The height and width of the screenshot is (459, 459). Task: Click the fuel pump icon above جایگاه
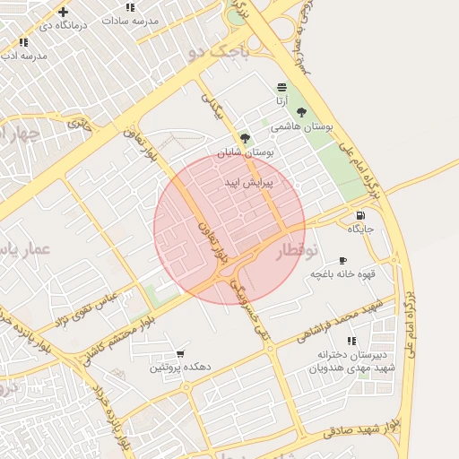tap(360, 215)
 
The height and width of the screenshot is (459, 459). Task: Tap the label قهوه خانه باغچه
tap(341, 273)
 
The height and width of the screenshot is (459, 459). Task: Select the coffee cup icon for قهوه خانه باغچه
tap(342, 260)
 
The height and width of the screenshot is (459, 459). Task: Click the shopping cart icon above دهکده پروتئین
tap(180, 354)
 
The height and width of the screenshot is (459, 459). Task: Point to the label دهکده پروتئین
tap(179, 368)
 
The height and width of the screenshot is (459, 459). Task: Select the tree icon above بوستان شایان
tap(245, 138)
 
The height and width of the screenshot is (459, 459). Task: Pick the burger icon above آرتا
tap(282, 87)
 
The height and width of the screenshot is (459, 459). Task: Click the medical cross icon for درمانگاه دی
tap(62, 12)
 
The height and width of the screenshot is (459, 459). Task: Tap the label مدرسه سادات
tap(131, 20)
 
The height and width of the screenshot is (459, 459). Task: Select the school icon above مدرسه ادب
tap(23, 42)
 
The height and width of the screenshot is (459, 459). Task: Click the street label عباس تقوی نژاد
tap(90, 309)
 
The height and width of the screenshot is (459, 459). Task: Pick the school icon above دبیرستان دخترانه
tap(351, 341)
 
